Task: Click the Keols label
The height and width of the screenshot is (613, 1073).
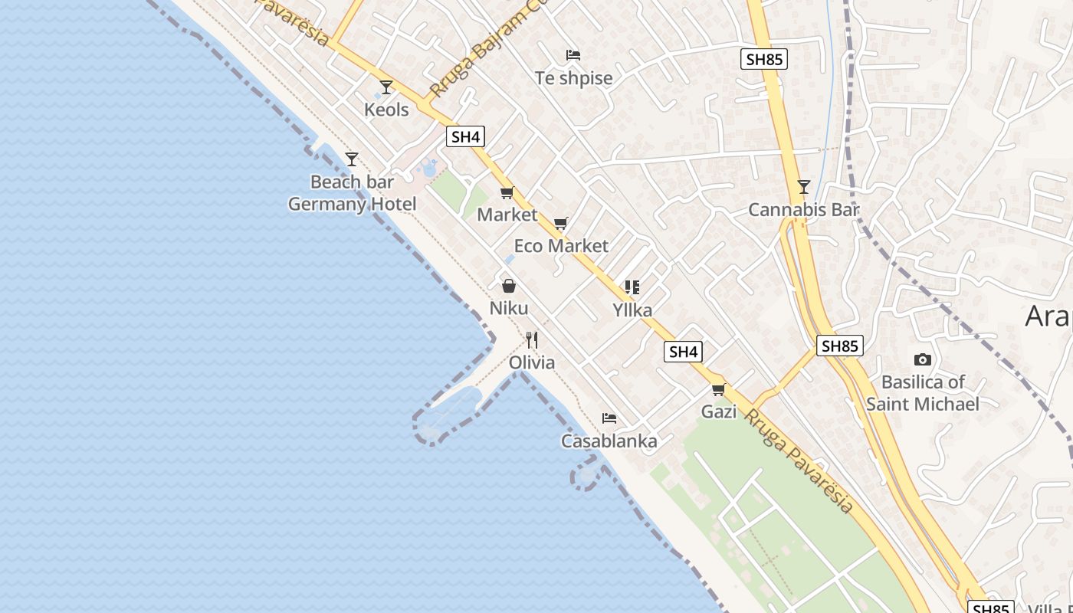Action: (386, 110)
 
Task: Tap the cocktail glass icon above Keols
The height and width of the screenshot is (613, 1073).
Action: (386, 87)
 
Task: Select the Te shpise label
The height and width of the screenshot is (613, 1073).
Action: (574, 78)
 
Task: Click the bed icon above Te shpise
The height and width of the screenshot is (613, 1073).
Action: (573, 55)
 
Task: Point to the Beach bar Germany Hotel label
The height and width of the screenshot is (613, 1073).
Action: (353, 193)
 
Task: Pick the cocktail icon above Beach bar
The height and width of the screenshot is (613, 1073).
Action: (352, 159)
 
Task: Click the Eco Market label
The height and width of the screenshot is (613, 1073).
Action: (561, 246)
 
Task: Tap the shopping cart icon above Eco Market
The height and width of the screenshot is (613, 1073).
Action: (561, 224)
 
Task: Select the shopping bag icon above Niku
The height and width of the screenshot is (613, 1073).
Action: (508, 287)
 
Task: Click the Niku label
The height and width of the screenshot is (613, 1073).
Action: (509, 309)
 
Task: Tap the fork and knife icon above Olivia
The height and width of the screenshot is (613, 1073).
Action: (532, 339)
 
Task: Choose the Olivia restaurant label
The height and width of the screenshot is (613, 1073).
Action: (532, 362)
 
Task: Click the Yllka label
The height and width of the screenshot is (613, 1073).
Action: (632, 310)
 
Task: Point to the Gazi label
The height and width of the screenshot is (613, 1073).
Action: (719, 411)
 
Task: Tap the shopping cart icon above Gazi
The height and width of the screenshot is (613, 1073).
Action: (719, 390)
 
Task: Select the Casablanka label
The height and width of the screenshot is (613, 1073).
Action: (609, 441)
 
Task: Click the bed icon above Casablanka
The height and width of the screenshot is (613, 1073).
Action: (609, 418)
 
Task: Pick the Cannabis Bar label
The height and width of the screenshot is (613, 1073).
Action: (804, 210)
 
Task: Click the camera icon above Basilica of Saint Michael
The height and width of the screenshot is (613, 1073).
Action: (923, 360)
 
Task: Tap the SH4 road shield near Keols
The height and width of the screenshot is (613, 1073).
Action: (466, 137)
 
